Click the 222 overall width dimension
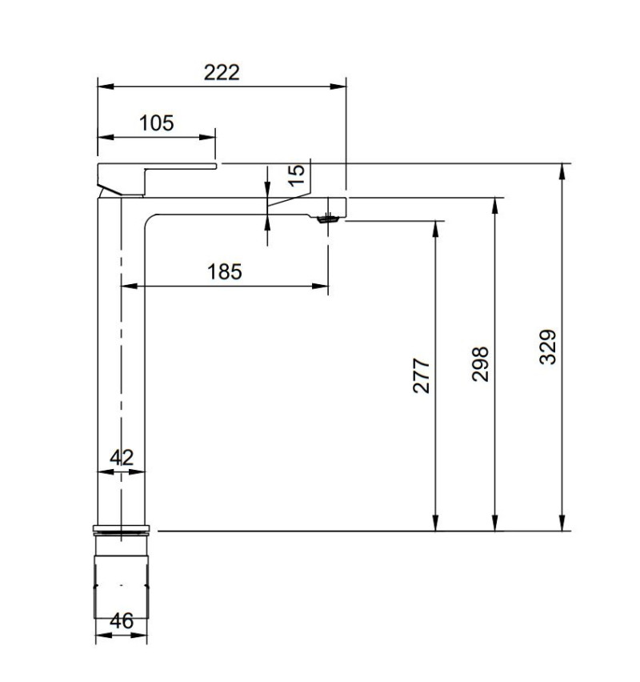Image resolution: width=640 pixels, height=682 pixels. [222, 72]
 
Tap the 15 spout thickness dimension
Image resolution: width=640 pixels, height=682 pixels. [295, 174]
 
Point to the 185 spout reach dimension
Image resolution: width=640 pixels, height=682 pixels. [224, 271]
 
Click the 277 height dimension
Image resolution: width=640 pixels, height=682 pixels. [422, 375]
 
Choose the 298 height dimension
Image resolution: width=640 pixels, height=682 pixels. [480, 363]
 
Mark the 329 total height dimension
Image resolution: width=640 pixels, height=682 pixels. [547, 347]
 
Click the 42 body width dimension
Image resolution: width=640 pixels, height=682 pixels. [122, 458]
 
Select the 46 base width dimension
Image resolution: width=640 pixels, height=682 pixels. [122, 621]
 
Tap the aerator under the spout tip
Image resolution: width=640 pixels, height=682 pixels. [327, 218]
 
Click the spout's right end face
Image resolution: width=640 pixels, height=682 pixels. [346, 207]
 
